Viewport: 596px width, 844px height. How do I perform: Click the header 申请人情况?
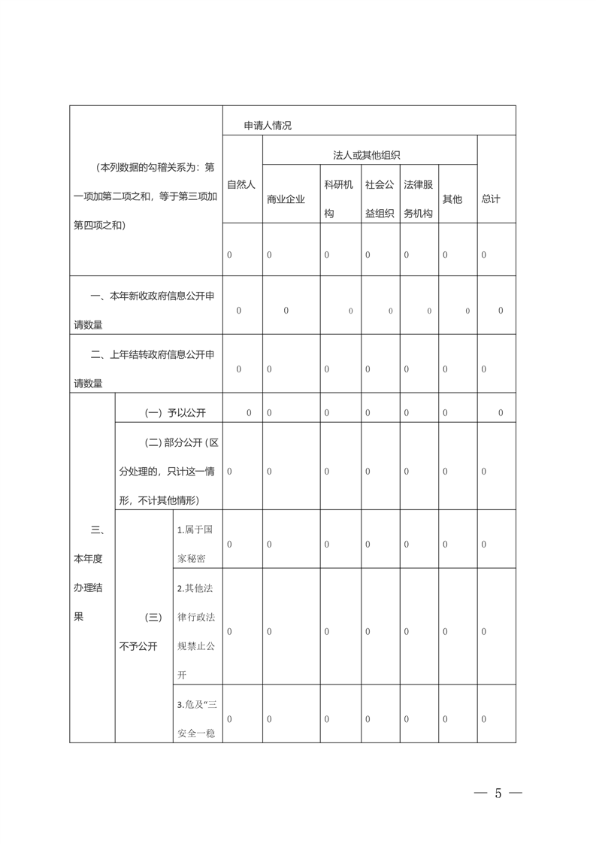tap(268, 126)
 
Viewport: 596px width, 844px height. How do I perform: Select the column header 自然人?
tap(241, 184)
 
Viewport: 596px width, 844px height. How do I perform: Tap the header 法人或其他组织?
tap(367, 155)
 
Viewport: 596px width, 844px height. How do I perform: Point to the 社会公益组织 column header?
tap(380, 199)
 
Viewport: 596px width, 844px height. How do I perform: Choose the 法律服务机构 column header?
tap(419, 199)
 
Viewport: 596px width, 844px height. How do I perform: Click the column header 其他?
tap(452, 199)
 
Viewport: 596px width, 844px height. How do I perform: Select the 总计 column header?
tap(491, 199)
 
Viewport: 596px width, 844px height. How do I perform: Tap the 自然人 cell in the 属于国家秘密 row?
tap(230, 544)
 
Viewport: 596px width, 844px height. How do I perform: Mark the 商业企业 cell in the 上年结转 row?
tap(269, 369)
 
